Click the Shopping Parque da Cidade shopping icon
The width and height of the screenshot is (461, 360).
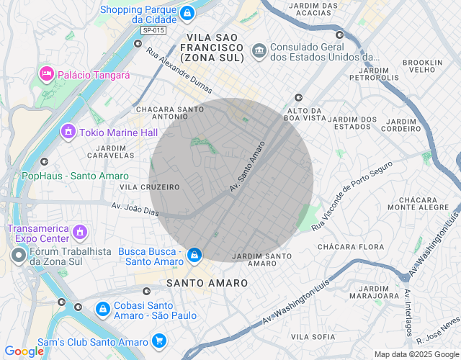pos(187,13)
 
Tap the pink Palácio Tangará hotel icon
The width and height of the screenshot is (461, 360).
pos(46,73)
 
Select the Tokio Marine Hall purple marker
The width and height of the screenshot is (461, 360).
pos(68,131)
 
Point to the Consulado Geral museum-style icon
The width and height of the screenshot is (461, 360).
pos(259,50)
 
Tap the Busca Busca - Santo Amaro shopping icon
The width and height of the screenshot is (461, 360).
pos(194,255)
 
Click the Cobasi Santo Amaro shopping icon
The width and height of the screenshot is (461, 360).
pos(103,309)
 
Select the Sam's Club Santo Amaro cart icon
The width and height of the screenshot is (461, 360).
pos(159,341)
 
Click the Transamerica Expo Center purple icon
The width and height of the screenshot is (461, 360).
pos(80,233)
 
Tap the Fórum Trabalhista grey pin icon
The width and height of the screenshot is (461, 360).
pos(19,255)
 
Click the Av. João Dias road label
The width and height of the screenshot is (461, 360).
pos(135,208)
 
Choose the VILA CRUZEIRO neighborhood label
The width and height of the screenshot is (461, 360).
pos(150,187)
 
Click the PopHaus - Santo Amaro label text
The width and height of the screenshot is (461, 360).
pos(76,176)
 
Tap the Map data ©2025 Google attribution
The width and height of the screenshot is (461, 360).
pos(416,354)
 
